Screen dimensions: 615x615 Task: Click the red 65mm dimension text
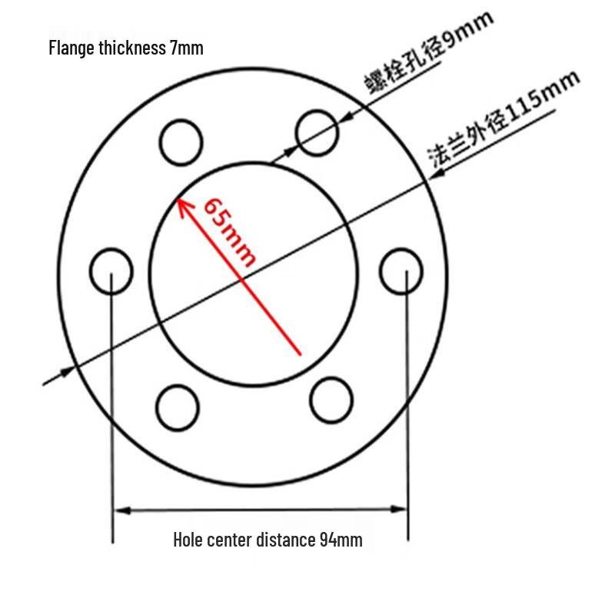pos(230,232)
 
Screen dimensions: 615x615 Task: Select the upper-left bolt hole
pos(181,142)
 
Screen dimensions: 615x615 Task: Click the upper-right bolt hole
pos(317,133)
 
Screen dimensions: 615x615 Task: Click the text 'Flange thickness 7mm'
pos(126,48)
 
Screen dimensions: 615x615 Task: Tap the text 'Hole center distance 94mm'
pos(268,540)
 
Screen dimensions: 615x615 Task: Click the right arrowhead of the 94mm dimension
pos(398,509)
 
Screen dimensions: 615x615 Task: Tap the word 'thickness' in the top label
pos(132,48)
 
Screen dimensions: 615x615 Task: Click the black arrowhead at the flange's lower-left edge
pos(67,371)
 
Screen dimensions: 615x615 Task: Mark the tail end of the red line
pos(301,355)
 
